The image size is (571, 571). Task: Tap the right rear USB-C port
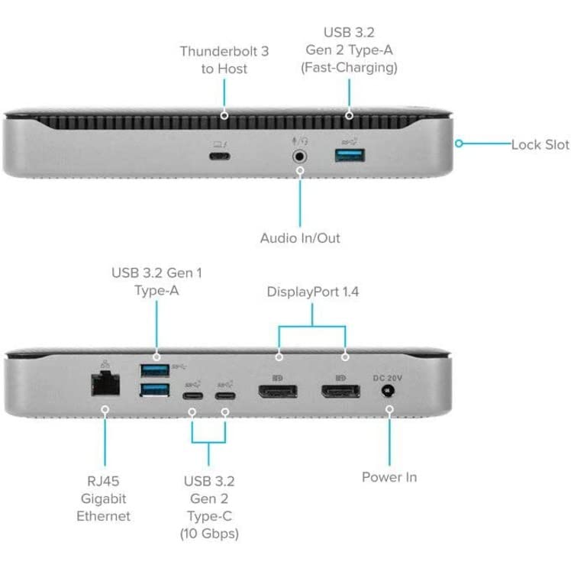[224, 395]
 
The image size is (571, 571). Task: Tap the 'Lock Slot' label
[540, 144]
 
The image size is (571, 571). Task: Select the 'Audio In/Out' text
[300, 237]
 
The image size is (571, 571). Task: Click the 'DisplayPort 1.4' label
[312, 292]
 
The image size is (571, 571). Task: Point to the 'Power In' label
[389, 477]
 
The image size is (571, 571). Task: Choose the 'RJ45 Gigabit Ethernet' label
[103, 499]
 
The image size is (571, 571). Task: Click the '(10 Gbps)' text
[208, 533]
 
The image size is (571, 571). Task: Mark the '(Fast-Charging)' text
[349, 67]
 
